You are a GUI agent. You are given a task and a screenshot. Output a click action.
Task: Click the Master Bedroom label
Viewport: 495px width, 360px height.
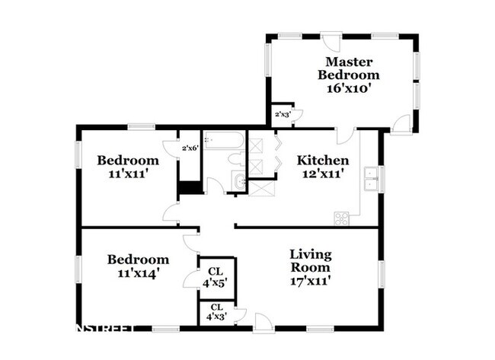348,68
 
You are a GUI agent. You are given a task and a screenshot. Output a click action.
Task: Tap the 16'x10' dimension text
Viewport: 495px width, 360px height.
348,89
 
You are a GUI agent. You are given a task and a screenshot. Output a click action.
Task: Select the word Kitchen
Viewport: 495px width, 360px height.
323,161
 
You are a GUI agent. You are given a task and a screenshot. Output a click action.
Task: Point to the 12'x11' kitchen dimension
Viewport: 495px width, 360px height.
323,174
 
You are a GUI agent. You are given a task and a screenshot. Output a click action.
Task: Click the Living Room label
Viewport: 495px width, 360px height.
310,260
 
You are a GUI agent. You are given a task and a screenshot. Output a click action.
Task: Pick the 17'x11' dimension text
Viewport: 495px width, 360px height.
310,280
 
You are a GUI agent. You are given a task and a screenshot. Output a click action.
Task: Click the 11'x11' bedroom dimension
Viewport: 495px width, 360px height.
128,174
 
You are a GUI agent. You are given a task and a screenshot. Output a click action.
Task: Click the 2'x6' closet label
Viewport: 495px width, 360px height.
190,148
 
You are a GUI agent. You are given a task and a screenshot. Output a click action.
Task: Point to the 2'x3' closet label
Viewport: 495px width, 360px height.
283,115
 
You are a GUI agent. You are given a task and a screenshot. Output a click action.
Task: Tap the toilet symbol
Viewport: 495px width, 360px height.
236,159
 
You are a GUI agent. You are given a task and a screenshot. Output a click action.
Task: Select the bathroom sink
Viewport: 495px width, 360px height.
239,181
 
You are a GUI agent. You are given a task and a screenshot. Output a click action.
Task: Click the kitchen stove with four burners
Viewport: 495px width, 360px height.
341,218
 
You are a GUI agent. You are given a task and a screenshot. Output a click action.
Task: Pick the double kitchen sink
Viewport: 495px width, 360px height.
372,179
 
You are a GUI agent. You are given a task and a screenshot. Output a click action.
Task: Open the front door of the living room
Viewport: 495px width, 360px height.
264,323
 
